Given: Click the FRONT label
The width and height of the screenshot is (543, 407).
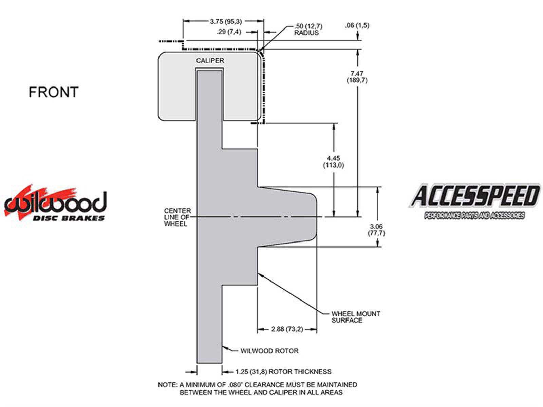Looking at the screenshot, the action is [x=53, y=92].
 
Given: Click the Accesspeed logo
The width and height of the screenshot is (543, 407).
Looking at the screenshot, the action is [x=474, y=201].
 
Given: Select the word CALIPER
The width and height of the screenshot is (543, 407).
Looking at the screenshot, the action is [x=210, y=61].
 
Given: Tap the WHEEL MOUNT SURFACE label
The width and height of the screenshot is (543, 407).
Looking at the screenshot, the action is [x=355, y=317].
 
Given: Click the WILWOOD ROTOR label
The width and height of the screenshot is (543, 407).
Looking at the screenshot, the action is [x=269, y=351].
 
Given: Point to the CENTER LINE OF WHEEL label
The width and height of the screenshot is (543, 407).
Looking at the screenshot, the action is [x=177, y=217].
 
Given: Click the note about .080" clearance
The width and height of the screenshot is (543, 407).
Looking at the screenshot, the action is [x=257, y=388].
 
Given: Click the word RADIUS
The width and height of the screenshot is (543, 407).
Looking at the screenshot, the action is [x=306, y=33].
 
